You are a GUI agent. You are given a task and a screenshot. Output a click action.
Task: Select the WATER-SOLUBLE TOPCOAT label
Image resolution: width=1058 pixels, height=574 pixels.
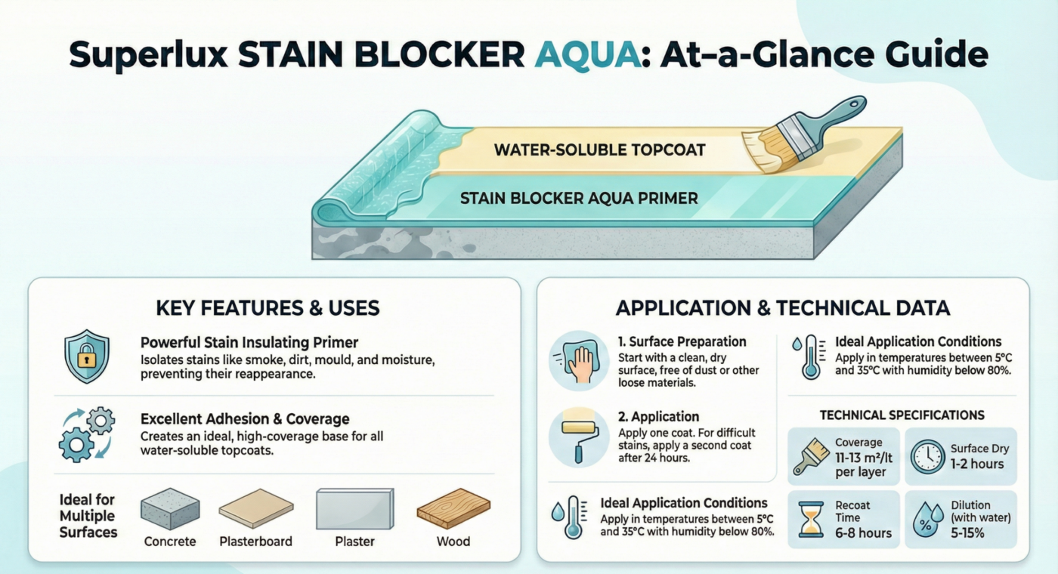click(x=599, y=150)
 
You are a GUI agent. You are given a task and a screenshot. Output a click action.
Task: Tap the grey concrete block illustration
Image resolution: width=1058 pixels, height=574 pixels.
click(x=170, y=508)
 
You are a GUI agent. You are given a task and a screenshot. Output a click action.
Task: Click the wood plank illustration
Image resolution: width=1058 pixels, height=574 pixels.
click(x=453, y=508)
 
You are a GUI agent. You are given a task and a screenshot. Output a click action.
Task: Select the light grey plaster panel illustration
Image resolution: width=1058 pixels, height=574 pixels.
click(x=354, y=509)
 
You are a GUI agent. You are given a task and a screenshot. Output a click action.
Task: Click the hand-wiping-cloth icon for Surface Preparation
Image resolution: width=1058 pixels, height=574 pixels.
click(x=579, y=360)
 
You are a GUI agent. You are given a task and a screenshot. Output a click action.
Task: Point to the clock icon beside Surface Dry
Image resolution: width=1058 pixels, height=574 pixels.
click(x=927, y=456)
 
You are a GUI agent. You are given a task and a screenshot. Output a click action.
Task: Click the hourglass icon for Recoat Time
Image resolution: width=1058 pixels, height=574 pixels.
click(x=812, y=519)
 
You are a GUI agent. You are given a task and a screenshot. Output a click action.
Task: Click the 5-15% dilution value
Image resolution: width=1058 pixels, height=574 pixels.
click(x=980, y=533)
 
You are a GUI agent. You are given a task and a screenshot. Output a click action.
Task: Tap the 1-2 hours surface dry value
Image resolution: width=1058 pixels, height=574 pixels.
click(x=976, y=464)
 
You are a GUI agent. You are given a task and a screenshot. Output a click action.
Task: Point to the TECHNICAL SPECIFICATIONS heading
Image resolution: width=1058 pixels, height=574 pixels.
click(x=902, y=415)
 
